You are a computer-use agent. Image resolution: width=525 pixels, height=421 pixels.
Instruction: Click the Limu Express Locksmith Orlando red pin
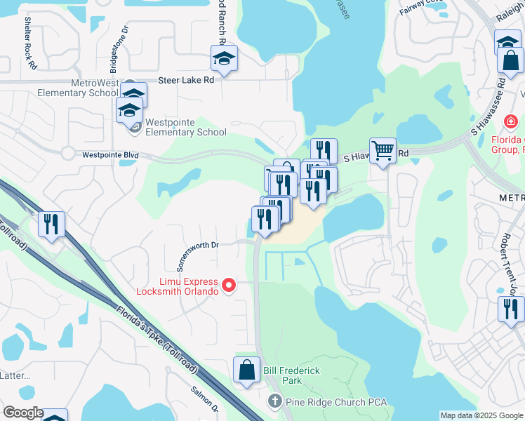(x=228, y=285)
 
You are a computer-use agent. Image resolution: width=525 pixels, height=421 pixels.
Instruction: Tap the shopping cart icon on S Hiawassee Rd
(x=383, y=149)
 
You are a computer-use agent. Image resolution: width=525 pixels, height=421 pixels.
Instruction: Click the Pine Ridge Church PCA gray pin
(x=275, y=402)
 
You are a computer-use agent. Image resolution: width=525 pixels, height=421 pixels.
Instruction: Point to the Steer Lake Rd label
(x=185, y=81)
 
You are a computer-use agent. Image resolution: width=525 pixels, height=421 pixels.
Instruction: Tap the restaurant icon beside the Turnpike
(x=51, y=224)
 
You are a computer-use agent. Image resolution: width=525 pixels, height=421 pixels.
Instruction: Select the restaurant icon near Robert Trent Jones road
(x=511, y=308)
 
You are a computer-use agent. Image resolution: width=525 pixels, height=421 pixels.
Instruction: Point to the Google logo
(x=22, y=413)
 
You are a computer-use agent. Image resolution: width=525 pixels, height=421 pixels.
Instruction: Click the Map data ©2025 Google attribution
(x=481, y=415)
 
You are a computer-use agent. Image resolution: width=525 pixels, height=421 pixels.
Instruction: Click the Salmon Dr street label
(x=206, y=399)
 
